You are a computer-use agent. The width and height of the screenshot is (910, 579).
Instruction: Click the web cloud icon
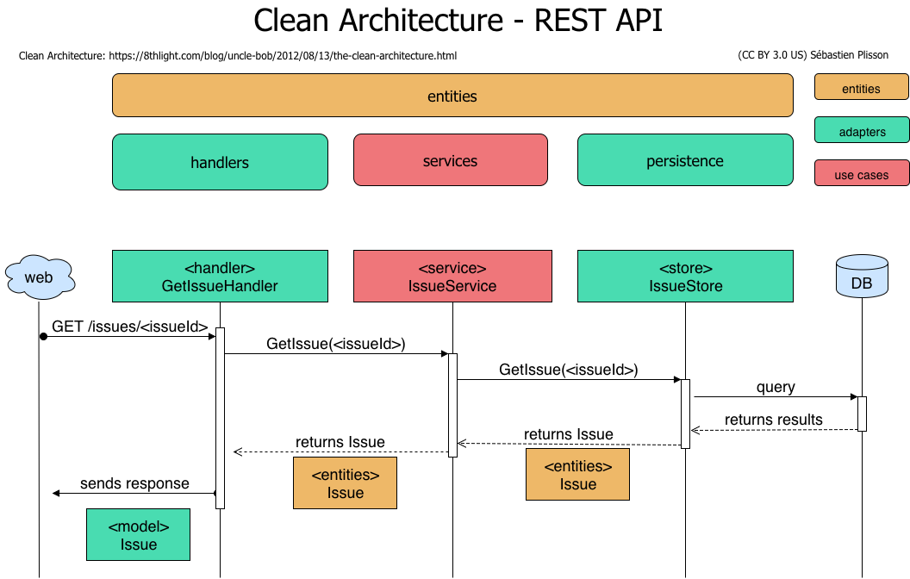coord(40,277)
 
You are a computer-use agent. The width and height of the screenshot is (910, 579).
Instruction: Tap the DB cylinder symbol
coord(862,277)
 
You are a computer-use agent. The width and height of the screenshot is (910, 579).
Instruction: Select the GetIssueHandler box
coord(220,277)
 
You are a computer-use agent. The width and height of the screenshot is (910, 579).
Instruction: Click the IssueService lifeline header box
coord(452,277)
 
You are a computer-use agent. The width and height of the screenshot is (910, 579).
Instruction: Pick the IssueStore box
coord(685,277)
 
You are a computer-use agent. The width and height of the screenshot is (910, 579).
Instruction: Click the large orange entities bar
coord(452,95)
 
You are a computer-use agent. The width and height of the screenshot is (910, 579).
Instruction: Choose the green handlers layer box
coord(220,162)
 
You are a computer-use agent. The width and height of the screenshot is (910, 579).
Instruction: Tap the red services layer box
coord(451,160)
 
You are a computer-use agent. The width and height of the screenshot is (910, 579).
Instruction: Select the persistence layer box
coord(685,160)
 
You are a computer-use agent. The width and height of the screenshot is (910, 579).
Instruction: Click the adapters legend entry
coord(862,130)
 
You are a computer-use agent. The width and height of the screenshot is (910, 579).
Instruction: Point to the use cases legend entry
coord(862,173)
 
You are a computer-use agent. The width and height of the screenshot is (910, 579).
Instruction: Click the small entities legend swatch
coord(861,87)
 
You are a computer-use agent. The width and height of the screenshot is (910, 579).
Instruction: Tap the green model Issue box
coord(138,535)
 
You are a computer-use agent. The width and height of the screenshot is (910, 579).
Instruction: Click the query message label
coord(776,387)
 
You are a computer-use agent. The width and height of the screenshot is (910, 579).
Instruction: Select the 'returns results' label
coord(774,420)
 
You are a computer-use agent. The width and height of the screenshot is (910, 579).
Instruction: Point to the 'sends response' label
coord(134,483)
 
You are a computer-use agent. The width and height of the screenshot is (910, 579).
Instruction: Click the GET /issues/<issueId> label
coord(130,327)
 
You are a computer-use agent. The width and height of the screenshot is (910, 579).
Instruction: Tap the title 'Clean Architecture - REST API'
coord(458,21)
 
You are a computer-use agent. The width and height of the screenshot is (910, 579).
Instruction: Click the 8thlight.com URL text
coord(283,56)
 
